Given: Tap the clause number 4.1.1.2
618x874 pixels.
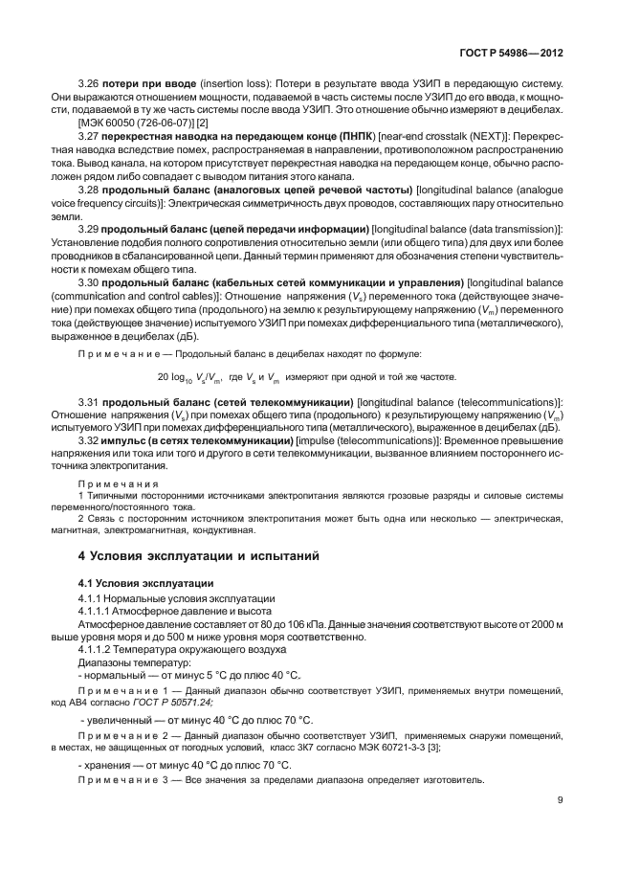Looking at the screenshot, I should click(x=99, y=648).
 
